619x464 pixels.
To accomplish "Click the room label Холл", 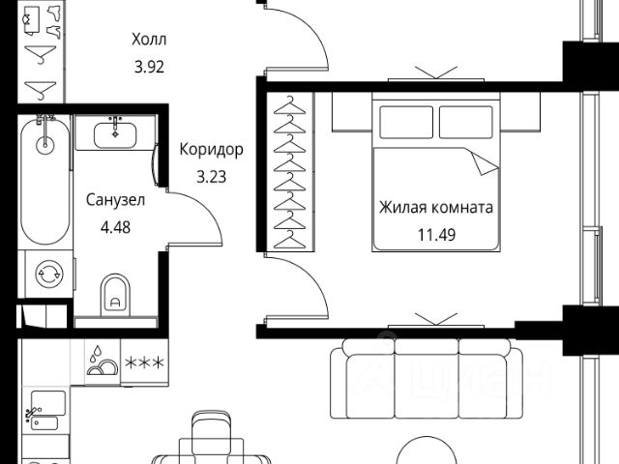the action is [x=149, y=40].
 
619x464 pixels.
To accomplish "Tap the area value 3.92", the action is [x=149, y=69].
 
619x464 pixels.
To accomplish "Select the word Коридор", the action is [x=211, y=150].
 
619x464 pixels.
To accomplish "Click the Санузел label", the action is [x=115, y=202].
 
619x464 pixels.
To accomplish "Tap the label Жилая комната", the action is [x=436, y=207].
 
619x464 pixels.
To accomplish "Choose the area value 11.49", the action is [x=436, y=234].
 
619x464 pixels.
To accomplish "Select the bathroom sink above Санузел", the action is [x=115, y=132].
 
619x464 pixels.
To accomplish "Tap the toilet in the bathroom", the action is [x=116, y=293].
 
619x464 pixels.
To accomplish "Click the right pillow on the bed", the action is [x=466, y=121].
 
